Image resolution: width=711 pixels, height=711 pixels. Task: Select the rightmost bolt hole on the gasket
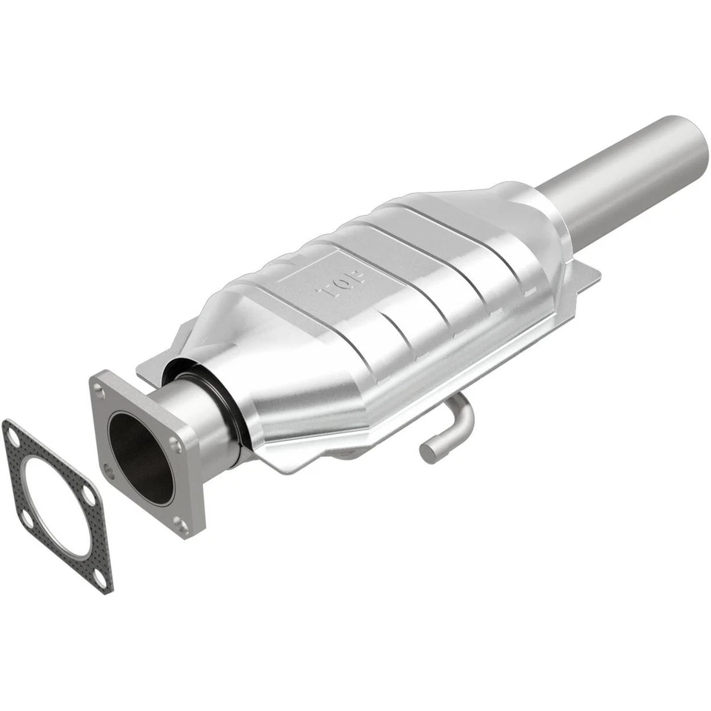coord(88,494)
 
